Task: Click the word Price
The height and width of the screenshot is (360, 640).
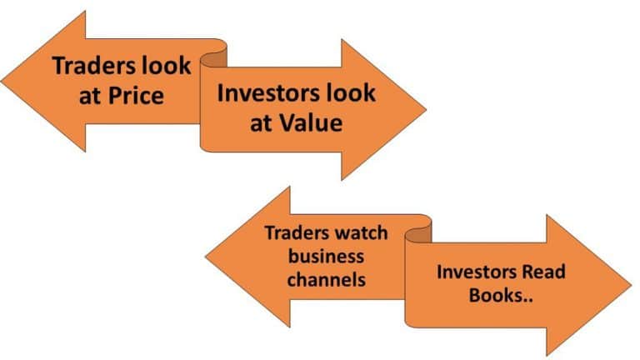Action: tap(136, 96)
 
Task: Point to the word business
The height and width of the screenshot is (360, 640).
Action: tap(326, 257)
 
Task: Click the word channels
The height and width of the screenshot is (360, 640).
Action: tap(327, 280)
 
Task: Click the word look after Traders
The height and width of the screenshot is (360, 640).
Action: tap(166, 65)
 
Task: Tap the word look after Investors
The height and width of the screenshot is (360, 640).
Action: tap(351, 92)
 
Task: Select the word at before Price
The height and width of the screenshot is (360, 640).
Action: tap(90, 97)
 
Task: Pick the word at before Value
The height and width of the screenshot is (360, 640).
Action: tap(261, 123)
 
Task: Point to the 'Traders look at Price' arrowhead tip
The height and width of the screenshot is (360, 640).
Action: tap(2, 81)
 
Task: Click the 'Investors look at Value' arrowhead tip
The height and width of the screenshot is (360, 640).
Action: tap(426, 109)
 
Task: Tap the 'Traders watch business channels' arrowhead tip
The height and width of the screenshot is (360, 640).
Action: tap(206, 257)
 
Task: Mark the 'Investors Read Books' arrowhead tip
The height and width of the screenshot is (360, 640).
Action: tap(631, 285)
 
